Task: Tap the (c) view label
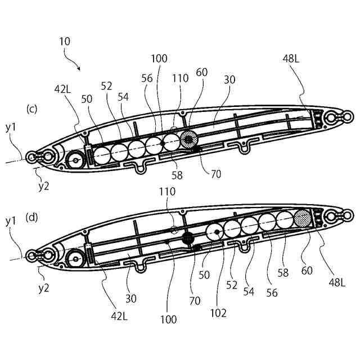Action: click(x=31, y=109)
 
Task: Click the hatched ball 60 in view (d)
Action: click(x=303, y=218)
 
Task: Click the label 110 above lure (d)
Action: click(x=168, y=191)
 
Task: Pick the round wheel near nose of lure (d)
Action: click(x=75, y=259)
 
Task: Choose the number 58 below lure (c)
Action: click(x=177, y=175)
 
